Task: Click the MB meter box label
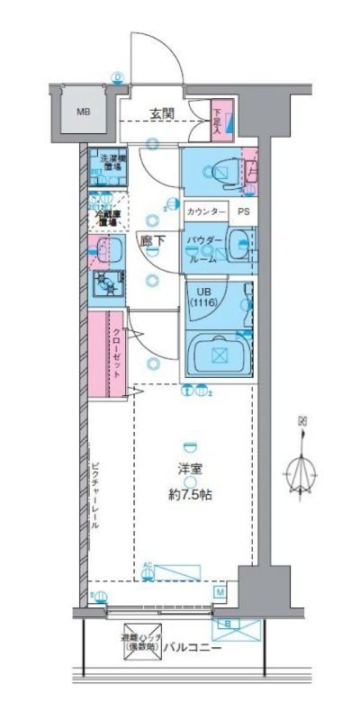83,112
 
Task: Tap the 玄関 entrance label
162,113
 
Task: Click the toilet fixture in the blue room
224,169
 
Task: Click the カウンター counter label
206,212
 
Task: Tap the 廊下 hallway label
152,240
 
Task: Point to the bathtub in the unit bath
217,353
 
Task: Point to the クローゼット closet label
118,354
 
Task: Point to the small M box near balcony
220,591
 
